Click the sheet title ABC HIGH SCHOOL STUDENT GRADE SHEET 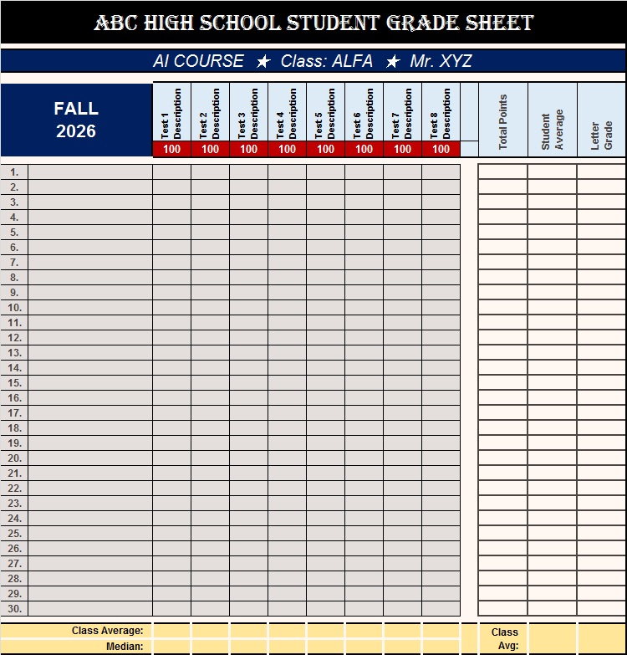click(313, 23)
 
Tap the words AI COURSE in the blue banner click(198, 61)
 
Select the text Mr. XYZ click(441, 61)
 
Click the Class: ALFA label click(327, 61)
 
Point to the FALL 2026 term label click(76, 120)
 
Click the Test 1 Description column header click(171, 113)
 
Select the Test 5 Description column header click(325, 113)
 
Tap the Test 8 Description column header click(441, 113)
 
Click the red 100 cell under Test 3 click(248, 149)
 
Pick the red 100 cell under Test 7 click(402, 149)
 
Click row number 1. click(14, 172)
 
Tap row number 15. click(14, 383)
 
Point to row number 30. click(14, 609)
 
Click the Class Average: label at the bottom click(107, 631)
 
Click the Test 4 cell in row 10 click(287, 308)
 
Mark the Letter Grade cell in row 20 click(602, 458)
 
